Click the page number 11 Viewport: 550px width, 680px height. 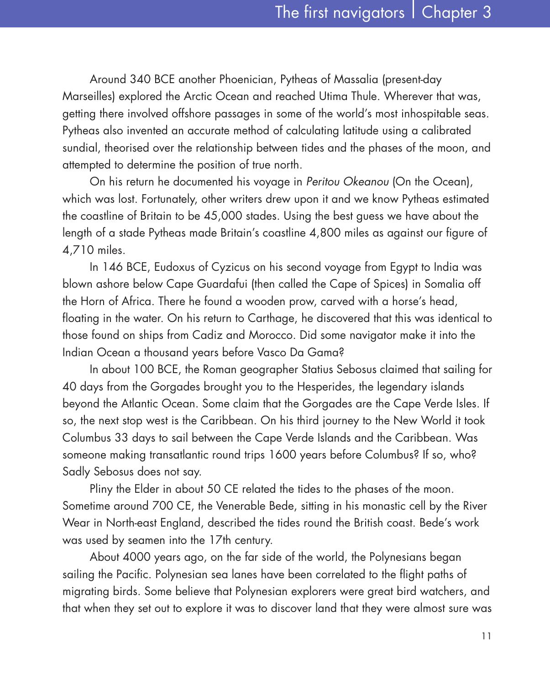click(x=486, y=636)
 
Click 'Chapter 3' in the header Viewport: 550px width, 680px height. click(x=456, y=12)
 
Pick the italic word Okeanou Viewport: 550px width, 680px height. click(x=366, y=182)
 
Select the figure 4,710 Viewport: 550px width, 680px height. click(x=78, y=250)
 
